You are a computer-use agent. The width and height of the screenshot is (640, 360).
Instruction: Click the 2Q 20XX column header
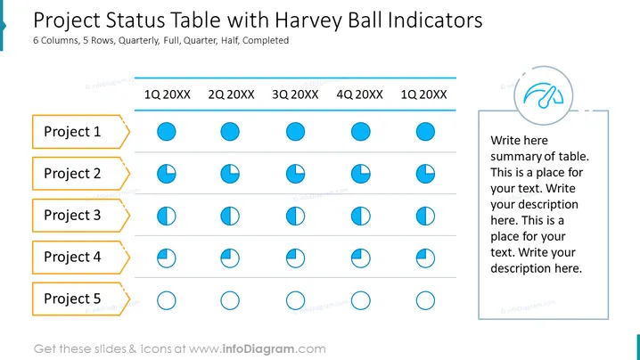tap(231, 94)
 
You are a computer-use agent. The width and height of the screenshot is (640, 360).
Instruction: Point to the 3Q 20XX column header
tap(295, 94)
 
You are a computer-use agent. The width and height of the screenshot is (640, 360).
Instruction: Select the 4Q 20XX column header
tap(359, 94)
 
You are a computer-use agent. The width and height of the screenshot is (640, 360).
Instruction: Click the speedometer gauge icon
tap(543, 96)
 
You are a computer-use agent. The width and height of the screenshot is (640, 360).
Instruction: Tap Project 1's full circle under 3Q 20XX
tap(296, 132)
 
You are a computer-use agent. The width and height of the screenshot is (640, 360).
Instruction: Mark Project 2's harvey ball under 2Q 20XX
tap(230, 174)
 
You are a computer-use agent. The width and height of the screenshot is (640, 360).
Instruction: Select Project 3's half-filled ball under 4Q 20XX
tap(361, 216)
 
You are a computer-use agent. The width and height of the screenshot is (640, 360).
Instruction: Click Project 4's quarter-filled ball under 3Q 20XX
tap(296, 258)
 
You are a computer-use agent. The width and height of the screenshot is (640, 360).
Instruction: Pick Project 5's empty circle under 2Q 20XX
tap(230, 300)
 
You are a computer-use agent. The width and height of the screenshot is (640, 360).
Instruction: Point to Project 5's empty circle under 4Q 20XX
tap(361, 300)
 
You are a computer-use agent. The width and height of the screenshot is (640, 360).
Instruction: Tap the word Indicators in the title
tap(435, 20)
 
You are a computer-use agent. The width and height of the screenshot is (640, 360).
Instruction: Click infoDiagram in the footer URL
tap(258, 349)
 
